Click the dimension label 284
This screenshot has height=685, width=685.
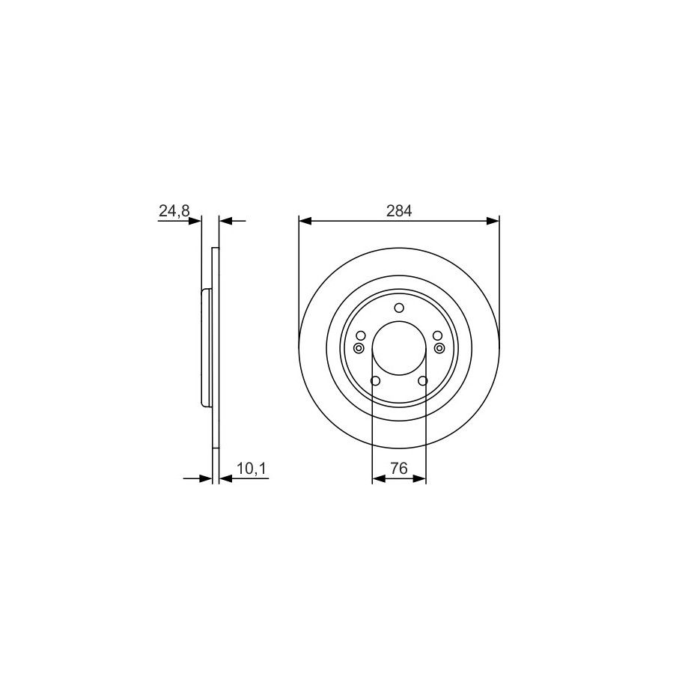pos(399,211)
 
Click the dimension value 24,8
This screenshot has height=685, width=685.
pos(174,211)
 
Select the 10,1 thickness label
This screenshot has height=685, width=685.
pos(252,469)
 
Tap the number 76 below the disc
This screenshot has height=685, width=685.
pos(399,469)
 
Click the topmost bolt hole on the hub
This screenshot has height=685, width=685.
pos(399,308)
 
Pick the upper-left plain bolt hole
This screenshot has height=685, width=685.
pos(360,335)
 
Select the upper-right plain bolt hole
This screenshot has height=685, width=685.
pos(437,335)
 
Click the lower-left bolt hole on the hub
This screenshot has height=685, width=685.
pos(375,381)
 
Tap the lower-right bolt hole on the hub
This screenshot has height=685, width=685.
pos(422,381)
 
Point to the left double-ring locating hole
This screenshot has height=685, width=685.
pos(359,348)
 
